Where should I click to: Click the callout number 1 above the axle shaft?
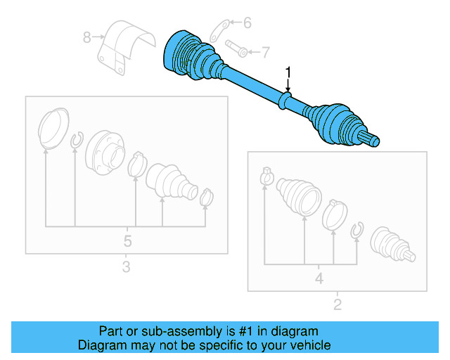coord(288,72)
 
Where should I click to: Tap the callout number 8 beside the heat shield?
coord(87,37)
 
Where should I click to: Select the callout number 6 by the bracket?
coord(247,23)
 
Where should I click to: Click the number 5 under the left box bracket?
coord(127,241)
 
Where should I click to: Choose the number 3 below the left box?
coord(126,267)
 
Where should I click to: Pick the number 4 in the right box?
coord(319,278)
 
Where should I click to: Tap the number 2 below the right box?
coord(337,304)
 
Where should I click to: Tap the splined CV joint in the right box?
coord(390,245)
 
